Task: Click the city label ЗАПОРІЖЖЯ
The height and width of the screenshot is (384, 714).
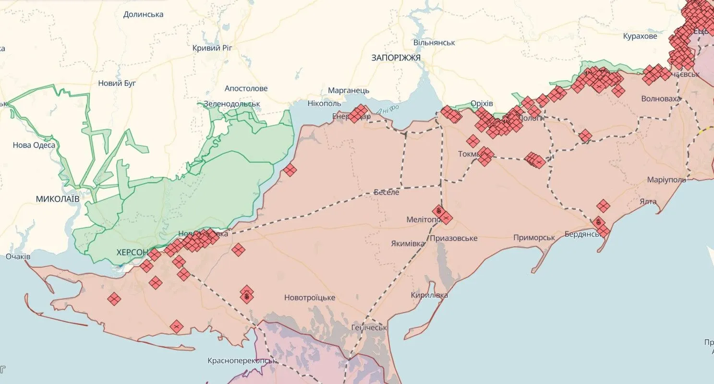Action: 396,58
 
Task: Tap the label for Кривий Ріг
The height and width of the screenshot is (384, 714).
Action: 212,48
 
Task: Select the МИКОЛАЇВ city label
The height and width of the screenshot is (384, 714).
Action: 57,198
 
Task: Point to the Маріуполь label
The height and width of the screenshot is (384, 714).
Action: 666,180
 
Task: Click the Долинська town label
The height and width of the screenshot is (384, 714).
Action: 143,14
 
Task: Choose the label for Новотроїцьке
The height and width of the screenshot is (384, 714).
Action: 309,298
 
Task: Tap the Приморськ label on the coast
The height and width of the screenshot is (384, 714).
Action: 534,238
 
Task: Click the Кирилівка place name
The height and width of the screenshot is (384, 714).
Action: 429,295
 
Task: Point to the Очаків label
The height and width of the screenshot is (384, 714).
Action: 18,257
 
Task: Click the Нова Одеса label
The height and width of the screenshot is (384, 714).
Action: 34,145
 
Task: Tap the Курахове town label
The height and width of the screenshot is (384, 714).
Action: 640,36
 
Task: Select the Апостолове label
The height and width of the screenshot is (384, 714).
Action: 246,88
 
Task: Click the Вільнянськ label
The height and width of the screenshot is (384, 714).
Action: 434,43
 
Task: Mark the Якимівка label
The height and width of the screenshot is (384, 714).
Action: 408,243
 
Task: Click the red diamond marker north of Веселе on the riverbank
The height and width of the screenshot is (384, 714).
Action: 290,169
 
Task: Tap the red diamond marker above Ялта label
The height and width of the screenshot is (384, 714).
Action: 603,206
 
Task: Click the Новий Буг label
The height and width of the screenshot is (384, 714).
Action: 117,83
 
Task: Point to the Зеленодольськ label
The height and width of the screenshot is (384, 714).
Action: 231,104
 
